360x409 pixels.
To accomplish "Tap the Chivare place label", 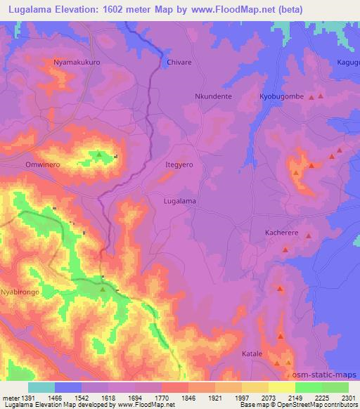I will pyautogui.click(x=179, y=63).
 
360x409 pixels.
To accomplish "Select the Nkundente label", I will pyautogui.click(x=212, y=96).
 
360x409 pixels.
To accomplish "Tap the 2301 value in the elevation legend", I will pyautogui.click(x=347, y=397).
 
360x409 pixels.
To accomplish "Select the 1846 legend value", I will pyautogui.click(x=188, y=397).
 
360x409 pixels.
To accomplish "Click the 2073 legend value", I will pyautogui.click(x=267, y=397).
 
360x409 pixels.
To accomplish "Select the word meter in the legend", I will pyautogui.click(x=11, y=397).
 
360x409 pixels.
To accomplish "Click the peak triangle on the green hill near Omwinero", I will pyautogui.click(x=99, y=155).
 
